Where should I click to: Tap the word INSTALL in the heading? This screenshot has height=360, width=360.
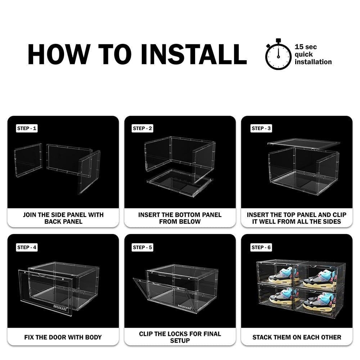(x=194, y=54)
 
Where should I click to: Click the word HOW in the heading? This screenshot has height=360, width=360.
(x=59, y=54)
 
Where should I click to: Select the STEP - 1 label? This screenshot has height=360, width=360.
(x=27, y=129)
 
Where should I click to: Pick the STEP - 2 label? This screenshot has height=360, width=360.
(x=142, y=129)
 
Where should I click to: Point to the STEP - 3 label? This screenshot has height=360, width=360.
(x=261, y=129)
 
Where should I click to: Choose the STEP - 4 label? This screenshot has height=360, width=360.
(x=27, y=247)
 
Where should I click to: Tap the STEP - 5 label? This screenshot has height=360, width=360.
(x=142, y=247)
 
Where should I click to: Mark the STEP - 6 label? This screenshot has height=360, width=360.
(x=261, y=247)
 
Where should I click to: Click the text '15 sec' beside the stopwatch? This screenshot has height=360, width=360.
(x=306, y=47)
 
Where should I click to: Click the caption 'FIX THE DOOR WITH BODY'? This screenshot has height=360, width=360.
(x=63, y=337)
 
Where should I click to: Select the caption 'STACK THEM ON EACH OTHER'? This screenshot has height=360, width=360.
(x=297, y=337)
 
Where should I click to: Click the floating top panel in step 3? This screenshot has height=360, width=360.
(x=304, y=144)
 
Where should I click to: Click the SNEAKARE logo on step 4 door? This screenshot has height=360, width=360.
(x=60, y=308)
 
